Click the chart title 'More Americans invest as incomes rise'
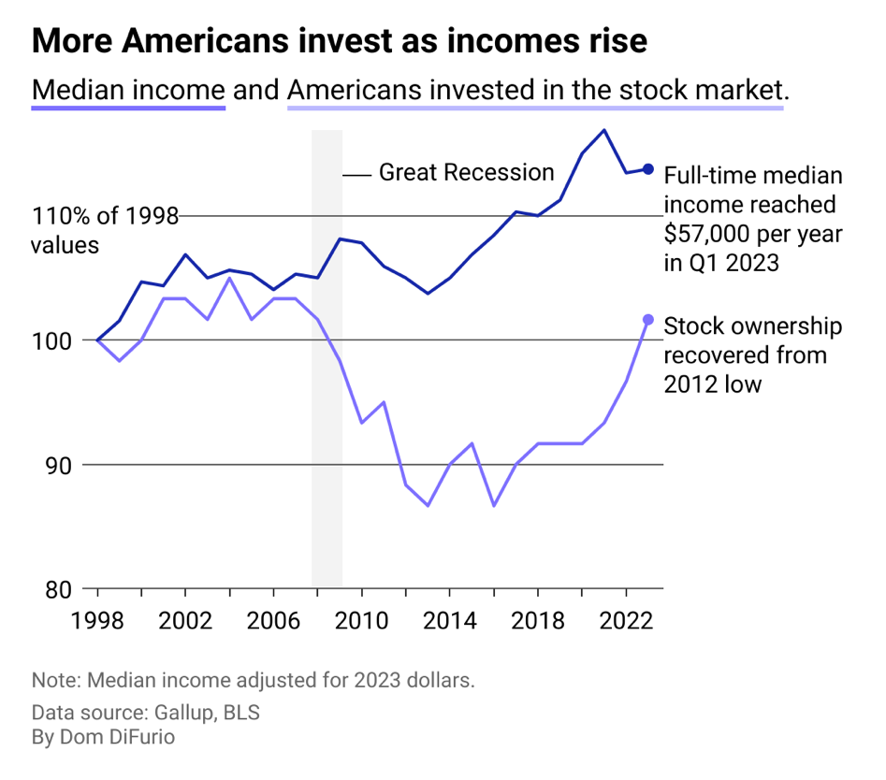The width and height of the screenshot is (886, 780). point(339,41)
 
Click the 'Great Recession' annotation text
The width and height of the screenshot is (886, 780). point(466,173)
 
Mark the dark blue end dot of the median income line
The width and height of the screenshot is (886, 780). point(648,169)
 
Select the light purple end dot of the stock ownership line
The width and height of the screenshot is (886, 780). point(648,320)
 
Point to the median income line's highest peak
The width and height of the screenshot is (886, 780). point(604,130)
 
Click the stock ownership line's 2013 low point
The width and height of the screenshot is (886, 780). point(428,506)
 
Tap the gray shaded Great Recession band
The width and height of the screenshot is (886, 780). point(327,421)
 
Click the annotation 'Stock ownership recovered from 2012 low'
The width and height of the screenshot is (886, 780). point(752,354)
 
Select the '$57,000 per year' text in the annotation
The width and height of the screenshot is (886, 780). point(752,234)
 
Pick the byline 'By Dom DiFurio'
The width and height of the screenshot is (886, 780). point(103,738)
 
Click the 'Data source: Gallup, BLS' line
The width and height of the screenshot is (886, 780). point(145,713)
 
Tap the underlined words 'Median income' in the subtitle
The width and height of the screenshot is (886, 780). point(128,91)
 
